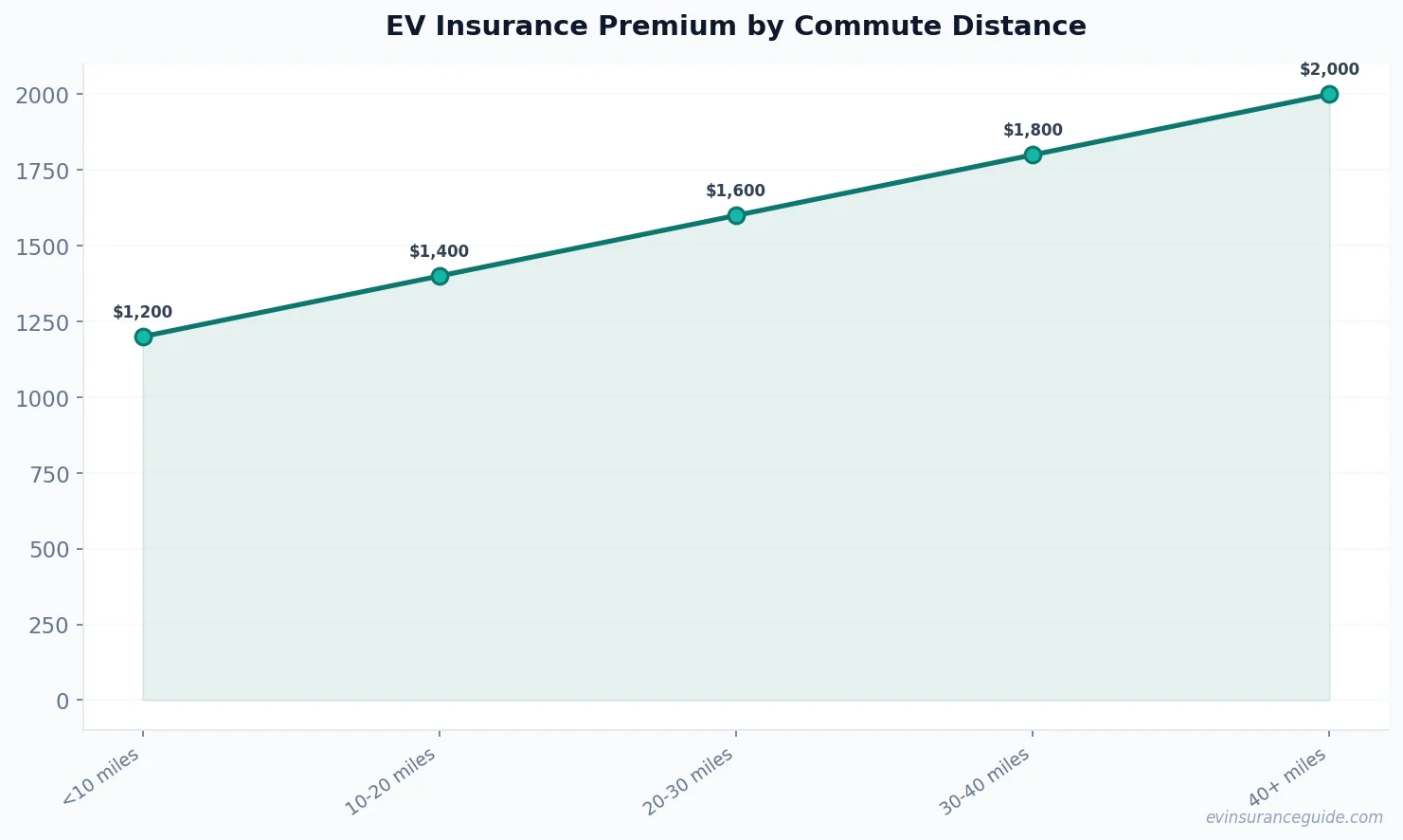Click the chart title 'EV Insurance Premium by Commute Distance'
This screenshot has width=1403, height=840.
pos(735,27)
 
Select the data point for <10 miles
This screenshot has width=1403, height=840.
pos(143,337)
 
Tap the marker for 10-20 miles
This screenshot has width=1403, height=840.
pos(440,276)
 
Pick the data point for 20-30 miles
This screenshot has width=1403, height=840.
pos(736,215)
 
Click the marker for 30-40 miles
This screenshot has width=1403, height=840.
pos(1033,155)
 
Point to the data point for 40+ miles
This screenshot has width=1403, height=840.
pos(1329,94)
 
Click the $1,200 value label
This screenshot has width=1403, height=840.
pos(143,312)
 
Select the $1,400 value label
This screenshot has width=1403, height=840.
pos(440,251)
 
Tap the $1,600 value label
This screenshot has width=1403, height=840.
pos(736,191)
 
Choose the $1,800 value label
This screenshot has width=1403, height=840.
pos(1033,130)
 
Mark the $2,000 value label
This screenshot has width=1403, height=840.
pos(1329,69)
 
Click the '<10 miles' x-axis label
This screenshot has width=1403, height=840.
pos(101,776)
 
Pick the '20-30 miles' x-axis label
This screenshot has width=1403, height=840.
pos(689,781)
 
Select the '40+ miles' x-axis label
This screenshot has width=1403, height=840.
pos(1287,777)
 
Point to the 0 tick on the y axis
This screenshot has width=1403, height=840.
pos(63,701)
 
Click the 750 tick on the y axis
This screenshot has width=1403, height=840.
pos(50,473)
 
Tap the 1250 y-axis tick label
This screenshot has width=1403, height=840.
pos(44,322)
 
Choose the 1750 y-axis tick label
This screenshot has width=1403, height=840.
pos(44,171)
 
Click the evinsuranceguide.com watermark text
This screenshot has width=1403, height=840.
pos(1294,817)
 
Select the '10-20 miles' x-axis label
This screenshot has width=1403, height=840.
pos(391,781)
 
